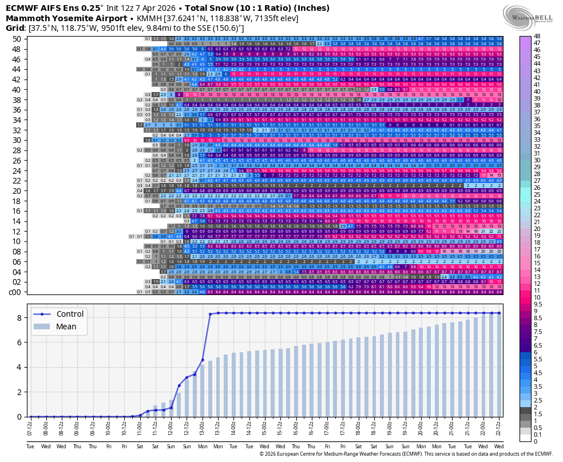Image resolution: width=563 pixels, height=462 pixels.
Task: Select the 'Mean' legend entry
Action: tap(66, 327)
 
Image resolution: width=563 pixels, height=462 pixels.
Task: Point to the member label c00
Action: tap(15, 292)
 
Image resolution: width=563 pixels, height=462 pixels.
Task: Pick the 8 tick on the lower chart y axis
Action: tap(19, 318)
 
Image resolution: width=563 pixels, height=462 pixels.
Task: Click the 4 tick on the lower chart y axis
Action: tap(19, 367)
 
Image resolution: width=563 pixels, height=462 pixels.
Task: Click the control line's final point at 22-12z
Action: tap(499, 313)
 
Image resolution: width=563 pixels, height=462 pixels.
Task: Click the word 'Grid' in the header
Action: tap(15, 27)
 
